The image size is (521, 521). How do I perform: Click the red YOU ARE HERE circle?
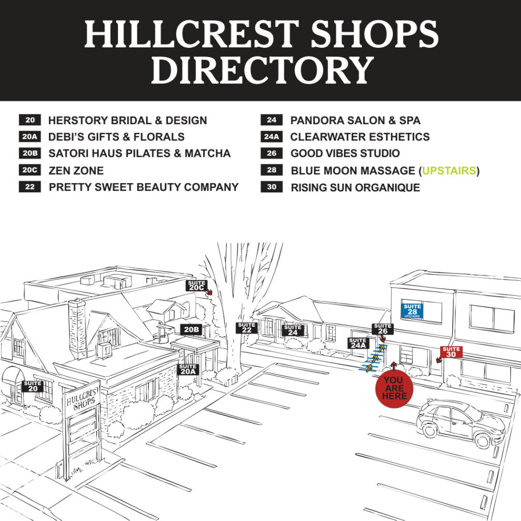tap(394, 389)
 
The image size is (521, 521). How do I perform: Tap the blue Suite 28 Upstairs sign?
tap(412, 309)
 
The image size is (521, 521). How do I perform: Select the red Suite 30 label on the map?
tap(451, 352)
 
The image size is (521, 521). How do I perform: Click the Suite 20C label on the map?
tap(196, 285)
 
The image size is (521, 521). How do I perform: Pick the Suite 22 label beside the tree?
tap(247, 328)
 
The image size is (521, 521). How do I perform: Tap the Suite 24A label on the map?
tap(358, 343)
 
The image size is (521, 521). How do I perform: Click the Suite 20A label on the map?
tap(187, 369)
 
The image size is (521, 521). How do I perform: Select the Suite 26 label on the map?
tap(383, 329)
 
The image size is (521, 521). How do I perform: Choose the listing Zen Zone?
tap(76, 170)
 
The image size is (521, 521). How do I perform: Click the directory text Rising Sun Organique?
tap(355, 187)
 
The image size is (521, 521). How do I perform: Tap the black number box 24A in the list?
tap(272, 137)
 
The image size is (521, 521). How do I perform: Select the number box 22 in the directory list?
tap(30, 187)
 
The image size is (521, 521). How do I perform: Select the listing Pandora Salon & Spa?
tap(355, 121)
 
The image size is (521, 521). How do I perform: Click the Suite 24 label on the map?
tap(294, 330)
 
